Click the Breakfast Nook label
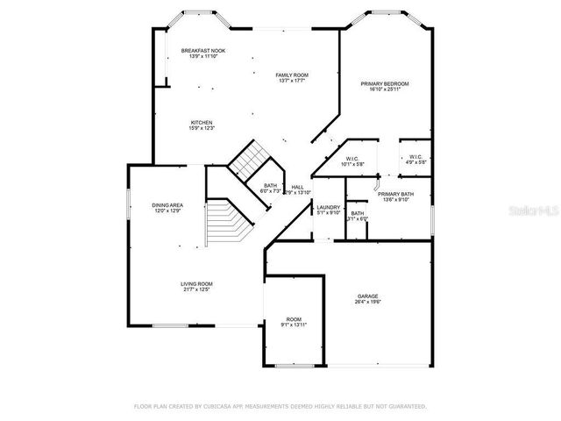[x=203, y=51]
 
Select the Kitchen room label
[x=202, y=122]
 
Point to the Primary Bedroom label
[x=385, y=83]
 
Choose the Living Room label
[x=197, y=283]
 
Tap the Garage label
[x=367, y=296]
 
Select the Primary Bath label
[x=395, y=194]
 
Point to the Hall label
[x=298, y=187]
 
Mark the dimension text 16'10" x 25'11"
[x=385, y=89]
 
